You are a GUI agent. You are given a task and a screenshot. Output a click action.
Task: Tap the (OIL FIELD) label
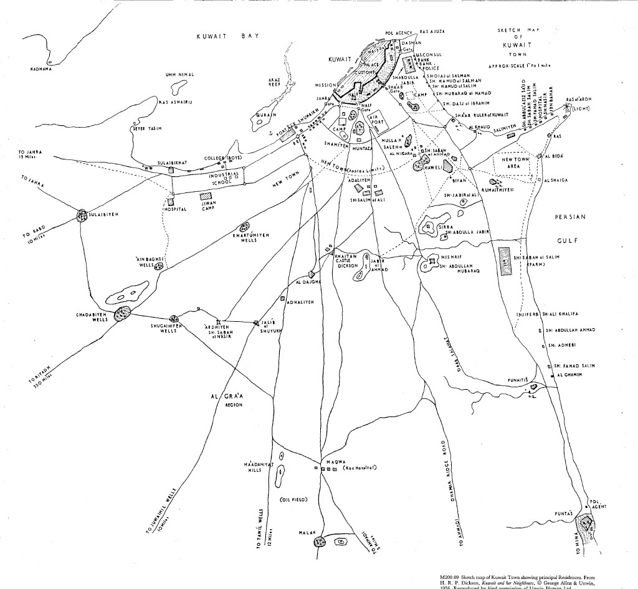293,500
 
